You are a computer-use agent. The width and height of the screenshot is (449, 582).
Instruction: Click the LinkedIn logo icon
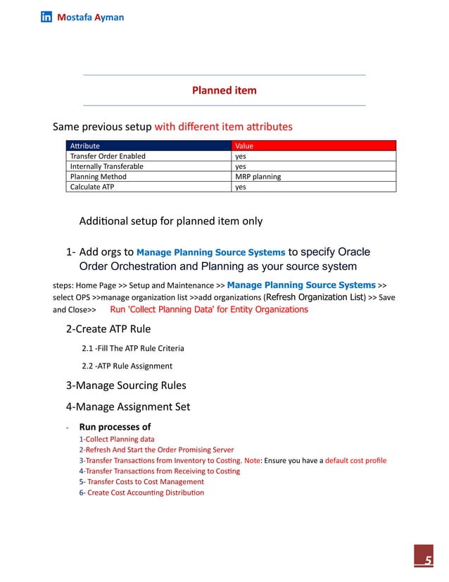click(x=46, y=17)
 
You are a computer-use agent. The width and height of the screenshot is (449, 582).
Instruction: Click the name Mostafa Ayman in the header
click(x=90, y=17)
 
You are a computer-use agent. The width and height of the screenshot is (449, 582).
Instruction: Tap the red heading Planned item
click(x=224, y=90)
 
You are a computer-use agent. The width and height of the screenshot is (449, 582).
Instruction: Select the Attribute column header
click(x=85, y=146)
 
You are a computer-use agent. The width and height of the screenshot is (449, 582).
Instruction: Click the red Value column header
click(x=244, y=146)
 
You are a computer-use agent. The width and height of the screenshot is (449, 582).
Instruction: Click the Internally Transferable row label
click(x=106, y=166)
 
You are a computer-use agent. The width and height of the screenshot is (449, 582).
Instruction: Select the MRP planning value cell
click(x=258, y=177)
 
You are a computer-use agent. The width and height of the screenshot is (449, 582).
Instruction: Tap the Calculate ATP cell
click(x=90, y=187)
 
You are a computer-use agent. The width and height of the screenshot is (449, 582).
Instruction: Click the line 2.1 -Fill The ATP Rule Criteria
click(x=133, y=348)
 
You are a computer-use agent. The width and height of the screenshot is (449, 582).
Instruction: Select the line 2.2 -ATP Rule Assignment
click(x=127, y=366)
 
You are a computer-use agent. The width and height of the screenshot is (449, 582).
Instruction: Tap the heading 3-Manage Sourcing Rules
click(x=126, y=385)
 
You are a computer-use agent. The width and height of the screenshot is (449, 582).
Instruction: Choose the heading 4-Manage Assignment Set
click(x=127, y=407)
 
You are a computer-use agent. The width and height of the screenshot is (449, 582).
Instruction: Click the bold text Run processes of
click(x=115, y=427)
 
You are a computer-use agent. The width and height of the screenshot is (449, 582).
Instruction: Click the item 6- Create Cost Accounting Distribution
click(x=141, y=493)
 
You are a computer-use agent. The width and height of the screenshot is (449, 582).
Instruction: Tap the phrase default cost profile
click(x=355, y=461)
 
